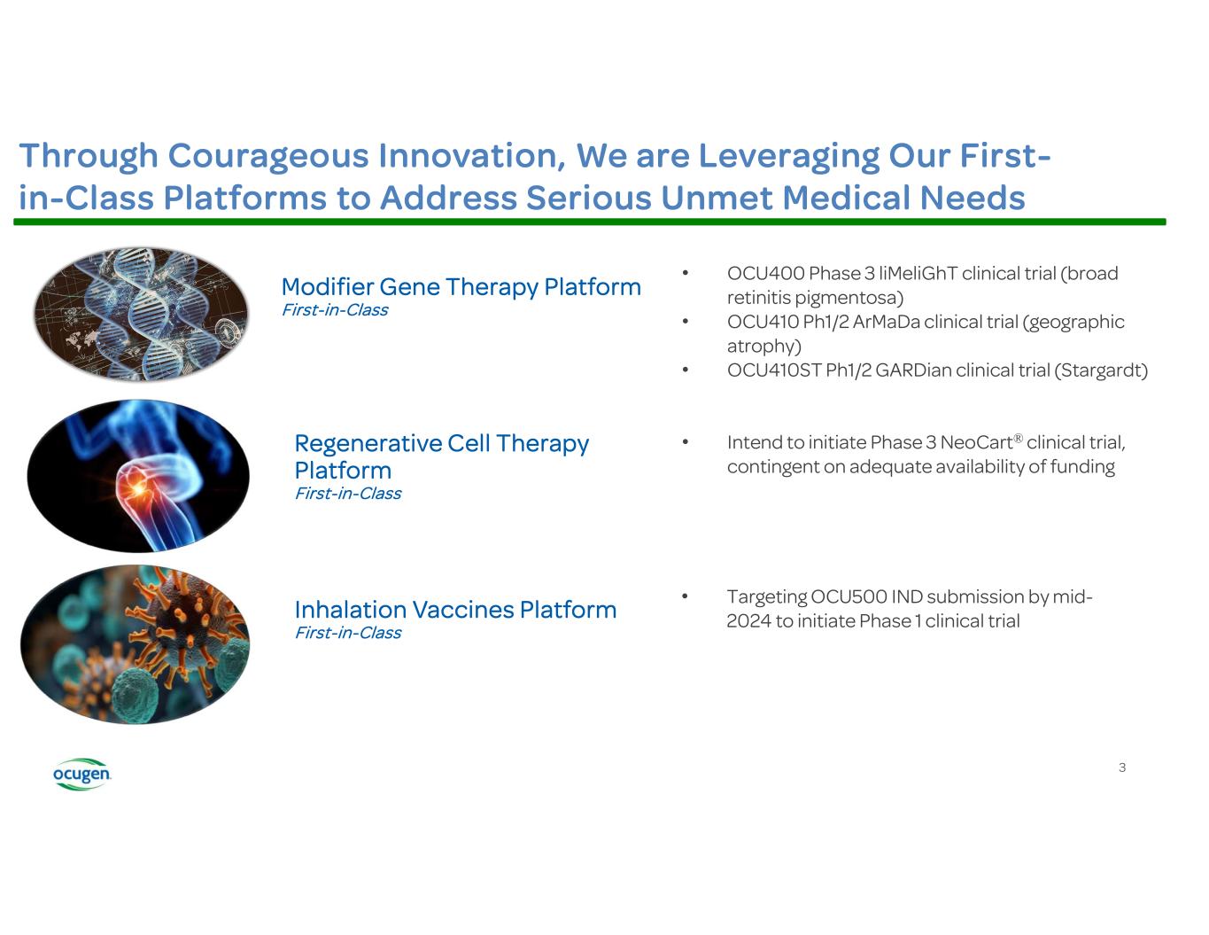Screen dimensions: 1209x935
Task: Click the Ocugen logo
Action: click(81, 773)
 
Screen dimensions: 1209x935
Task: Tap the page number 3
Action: click(1121, 767)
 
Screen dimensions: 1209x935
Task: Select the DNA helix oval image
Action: click(141, 315)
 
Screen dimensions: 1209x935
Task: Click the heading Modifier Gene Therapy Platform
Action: click(461, 287)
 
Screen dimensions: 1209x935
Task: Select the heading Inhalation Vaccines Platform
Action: click(455, 610)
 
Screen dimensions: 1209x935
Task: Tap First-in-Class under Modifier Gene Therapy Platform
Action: click(335, 310)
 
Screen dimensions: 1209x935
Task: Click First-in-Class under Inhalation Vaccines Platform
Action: click(348, 633)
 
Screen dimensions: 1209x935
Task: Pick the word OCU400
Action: click(765, 273)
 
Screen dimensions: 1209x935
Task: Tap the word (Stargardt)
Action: click(1101, 370)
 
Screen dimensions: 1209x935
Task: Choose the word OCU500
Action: click(849, 596)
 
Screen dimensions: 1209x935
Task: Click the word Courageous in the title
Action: click(267, 156)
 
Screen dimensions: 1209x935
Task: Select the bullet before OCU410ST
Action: click(686, 370)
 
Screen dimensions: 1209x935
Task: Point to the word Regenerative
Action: click(368, 443)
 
